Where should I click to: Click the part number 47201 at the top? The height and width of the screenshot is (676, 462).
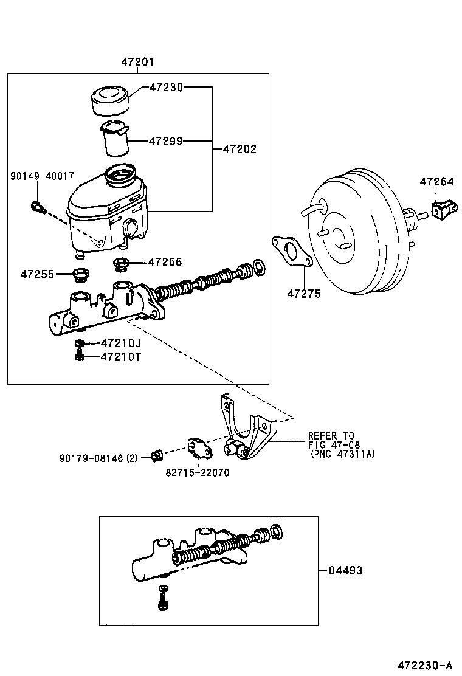[x=137, y=62]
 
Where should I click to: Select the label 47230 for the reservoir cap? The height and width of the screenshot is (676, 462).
[x=167, y=88]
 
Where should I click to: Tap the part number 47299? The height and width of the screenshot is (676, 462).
[x=166, y=142]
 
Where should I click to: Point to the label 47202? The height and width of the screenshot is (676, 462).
[x=240, y=148]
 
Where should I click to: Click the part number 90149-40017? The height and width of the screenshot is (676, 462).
[x=42, y=176]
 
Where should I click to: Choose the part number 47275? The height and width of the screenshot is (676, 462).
[x=304, y=294]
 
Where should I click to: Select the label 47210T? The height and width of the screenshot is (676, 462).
[x=120, y=356]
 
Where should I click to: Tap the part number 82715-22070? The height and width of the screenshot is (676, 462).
[x=198, y=472]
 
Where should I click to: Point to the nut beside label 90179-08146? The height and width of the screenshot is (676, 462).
[x=156, y=454]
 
